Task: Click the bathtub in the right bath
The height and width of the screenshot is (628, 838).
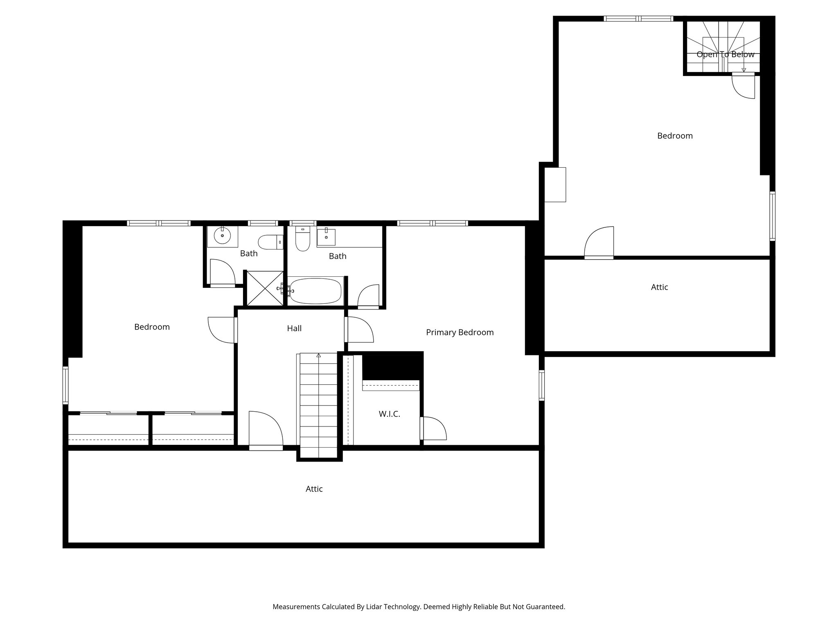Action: click(x=315, y=291)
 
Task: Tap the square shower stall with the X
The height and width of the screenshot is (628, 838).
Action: click(x=264, y=288)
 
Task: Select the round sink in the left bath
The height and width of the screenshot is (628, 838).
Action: click(x=222, y=236)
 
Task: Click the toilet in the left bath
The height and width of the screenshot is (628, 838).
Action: click(x=270, y=242)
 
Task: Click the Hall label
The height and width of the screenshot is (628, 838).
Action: click(x=294, y=328)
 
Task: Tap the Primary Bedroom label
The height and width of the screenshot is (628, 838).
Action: click(x=460, y=332)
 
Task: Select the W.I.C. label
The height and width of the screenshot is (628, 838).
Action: click(x=389, y=414)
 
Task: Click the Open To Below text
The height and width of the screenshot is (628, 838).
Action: click(x=725, y=54)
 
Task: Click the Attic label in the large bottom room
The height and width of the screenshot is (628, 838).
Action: click(x=314, y=489)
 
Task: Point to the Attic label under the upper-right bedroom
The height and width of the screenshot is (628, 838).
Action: click(x=659, y=287)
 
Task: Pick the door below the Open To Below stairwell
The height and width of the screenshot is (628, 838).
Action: click(x=743, y=86)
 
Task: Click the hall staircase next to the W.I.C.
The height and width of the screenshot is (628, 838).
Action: click(x=319, y=405)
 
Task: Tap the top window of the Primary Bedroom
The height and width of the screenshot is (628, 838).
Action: click(x=432, y=223)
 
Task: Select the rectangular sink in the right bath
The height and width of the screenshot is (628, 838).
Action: click(x=326, y=237)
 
